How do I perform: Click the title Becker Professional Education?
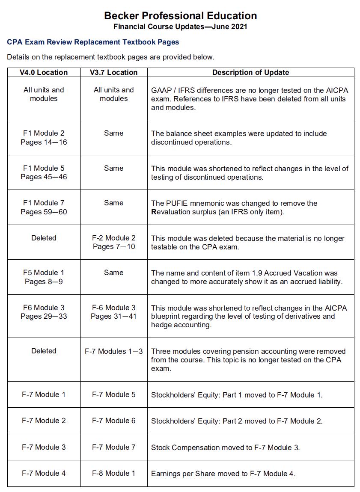180,16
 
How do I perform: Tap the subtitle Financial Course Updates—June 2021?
180,27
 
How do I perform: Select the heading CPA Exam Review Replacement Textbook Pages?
93,42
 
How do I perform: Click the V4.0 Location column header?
44,72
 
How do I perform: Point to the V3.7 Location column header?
113,72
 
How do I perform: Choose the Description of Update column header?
250,72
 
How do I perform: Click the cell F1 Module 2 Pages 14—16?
44,137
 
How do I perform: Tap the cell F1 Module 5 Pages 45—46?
44,172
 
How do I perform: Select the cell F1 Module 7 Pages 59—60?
44,207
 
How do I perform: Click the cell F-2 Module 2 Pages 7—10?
113,242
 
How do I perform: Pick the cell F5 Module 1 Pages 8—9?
44,277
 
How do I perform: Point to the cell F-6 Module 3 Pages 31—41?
113,312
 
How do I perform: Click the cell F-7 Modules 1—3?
113,351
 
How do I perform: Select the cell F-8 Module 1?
113,473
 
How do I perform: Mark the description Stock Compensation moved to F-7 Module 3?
225,448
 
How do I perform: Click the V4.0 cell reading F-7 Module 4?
44,473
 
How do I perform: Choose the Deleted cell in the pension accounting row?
44,351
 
